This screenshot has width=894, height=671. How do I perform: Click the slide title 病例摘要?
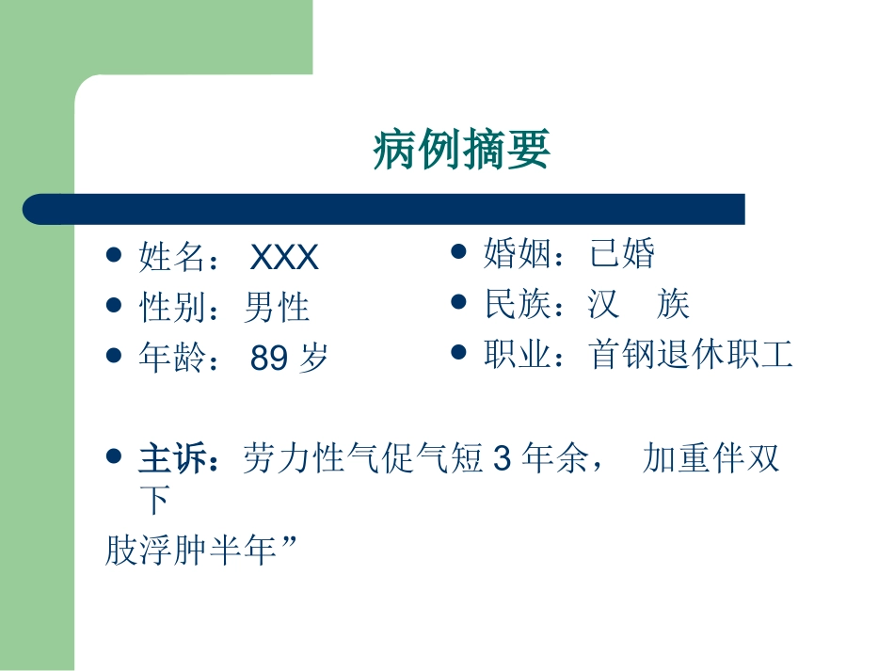click(x=461, y=150)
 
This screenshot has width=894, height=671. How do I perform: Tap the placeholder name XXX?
click(x=285, y=258)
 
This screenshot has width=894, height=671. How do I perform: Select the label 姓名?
click(x=172, y=258)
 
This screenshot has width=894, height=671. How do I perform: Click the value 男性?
click(x=277, y=308)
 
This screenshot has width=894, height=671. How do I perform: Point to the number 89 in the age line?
click(x=270, y=359)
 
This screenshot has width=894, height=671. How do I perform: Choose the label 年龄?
click(x=172, y=359)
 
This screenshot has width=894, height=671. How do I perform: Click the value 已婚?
click(x=622, y=254)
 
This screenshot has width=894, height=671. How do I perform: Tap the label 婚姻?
click(x=518, y=254)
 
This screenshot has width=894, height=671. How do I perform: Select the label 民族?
click(x=518, y=304)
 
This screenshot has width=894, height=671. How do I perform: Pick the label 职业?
click(x=518, y=355)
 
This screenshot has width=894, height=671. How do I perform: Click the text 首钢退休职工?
click(x=692, y=355)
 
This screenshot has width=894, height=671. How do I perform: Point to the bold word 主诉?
click(x=172, y=459)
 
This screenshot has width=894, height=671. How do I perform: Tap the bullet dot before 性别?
click(x=114, y=305)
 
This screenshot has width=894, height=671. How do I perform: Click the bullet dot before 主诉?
click(x=114, y=456)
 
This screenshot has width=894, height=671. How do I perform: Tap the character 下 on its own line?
click(x=154, y=500)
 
